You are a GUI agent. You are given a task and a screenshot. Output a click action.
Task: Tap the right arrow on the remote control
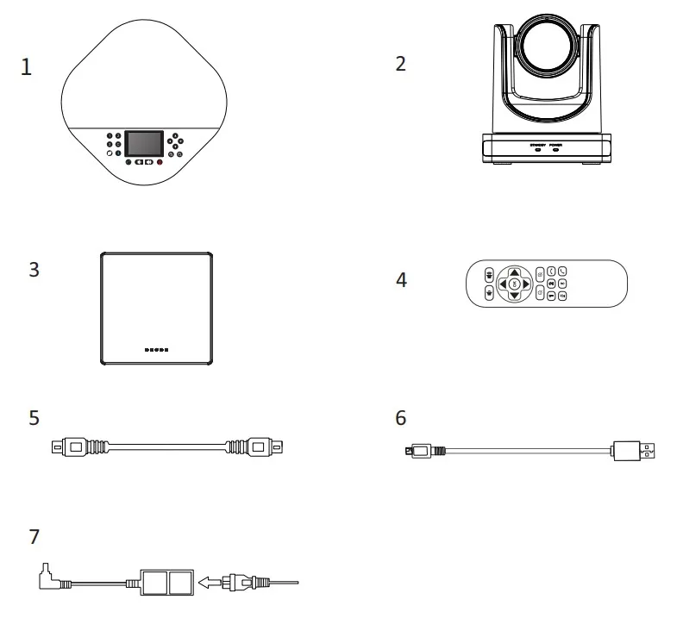tap(527, 283)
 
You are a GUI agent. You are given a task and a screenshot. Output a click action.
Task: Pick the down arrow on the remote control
tap(514, 297)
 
